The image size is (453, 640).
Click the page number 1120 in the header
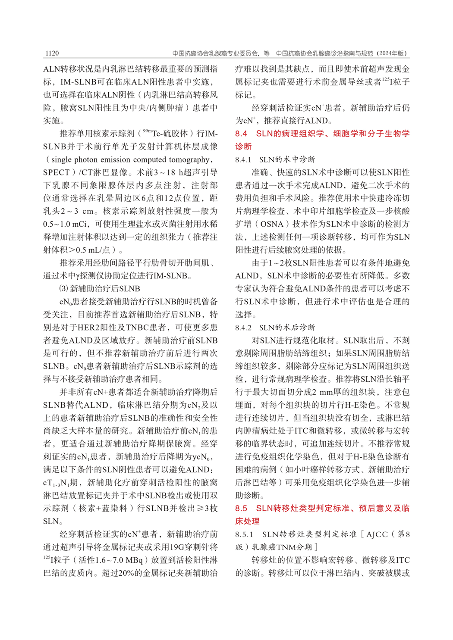click(x=51, y=53)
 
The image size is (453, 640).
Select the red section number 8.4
click(x=241, y=134)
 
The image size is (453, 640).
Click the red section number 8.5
click(x=241, y=508)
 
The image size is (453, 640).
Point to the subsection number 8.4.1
click(x=243, y=159)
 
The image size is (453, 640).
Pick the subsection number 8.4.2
click(x=243, y=328)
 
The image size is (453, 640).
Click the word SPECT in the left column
click(x=57, y=172)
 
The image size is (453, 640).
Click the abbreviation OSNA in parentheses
click(x=272, y=224)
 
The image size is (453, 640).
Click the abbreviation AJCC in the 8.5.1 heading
click(x=377, y=534)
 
